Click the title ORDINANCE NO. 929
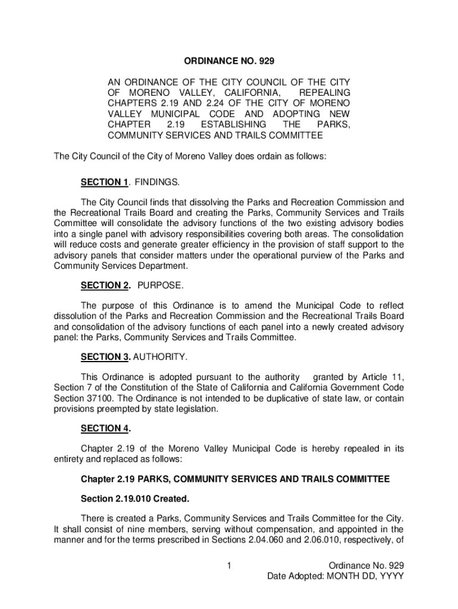click(229, 61)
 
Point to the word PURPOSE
click(161, 285)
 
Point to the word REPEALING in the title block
click(324, 93)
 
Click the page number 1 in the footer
click(229, 564)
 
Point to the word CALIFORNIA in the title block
click(243, 93)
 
